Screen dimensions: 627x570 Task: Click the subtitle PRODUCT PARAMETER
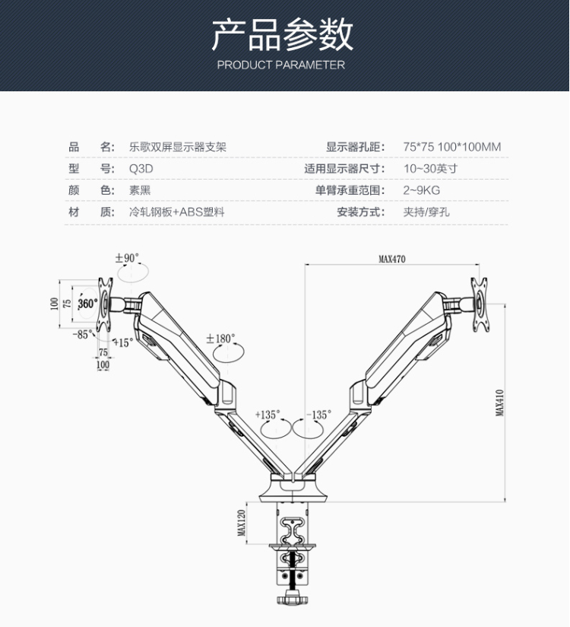tap(280, 65)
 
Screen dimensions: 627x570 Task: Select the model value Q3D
tap(141, 169)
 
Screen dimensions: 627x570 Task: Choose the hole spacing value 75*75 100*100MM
tap(451, 148)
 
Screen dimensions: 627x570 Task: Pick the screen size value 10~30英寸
tap(430, 169)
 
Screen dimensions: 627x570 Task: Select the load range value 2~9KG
tap(421, 190)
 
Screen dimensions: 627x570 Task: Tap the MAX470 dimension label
tap(392, 259)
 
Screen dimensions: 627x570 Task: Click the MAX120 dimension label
tap(241, 523)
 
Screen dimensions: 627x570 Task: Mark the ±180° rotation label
tap(220, 338)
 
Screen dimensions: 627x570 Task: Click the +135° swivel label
tap(268, 415)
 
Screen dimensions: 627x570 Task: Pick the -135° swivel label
tap(319, 415)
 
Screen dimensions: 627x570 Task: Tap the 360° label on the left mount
tap(87, 304)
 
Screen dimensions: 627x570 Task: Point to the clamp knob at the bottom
tap(291, 598)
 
